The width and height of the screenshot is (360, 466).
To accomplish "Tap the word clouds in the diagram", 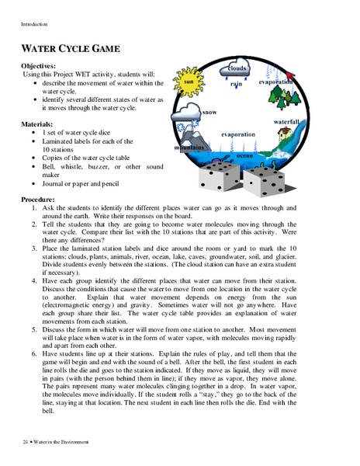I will point(237,68).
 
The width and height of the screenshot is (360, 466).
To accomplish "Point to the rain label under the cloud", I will point(236,83).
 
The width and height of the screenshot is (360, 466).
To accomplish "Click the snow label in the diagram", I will point(209,112).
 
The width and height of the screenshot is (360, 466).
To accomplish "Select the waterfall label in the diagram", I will point(286,123).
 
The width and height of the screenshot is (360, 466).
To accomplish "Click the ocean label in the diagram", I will point(244,155).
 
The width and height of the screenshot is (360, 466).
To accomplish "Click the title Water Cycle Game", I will point(71,48).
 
